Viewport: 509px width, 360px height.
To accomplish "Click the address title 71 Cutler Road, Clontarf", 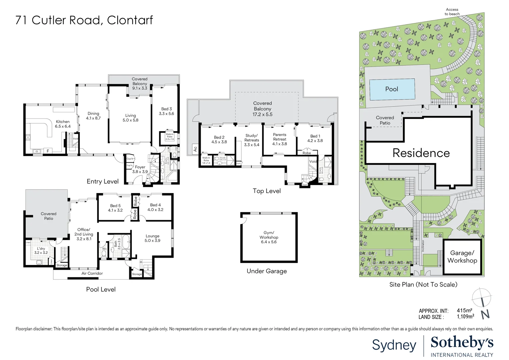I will pyautogui.click(x=84, y=20).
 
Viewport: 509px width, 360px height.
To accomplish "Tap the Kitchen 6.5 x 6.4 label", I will pyautogui.click(x=63, y=124).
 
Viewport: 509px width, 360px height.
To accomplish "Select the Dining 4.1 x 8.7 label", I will pyautogui.click(x=93, y=116).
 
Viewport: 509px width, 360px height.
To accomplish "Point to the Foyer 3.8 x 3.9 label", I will pyautogui.click(x=140, y=169).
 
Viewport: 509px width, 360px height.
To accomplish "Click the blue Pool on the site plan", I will pyautogui.click(x=392, y=89).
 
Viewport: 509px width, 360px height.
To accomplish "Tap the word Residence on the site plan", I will pyautogui.click(x=421, y=153).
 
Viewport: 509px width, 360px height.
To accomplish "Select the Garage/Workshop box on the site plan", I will pyautogui.click(x=462, y=257).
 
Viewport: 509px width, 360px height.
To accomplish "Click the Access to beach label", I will pyautogui.click(x=452, y=12).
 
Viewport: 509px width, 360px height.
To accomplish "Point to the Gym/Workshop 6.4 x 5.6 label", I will pyautogui.click(x=269, y=237).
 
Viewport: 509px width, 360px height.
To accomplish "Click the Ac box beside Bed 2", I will pyautogui.click(x=195, y=149).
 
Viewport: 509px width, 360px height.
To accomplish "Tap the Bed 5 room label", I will pyautogui.click(x=115, y=208).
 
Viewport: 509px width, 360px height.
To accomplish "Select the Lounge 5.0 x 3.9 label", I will pyautogui.click(x=152, y=238).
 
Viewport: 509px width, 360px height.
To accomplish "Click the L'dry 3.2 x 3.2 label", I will pyautogui.click(x=41, y=251).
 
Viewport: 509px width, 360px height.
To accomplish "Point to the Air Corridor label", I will pyautogui.click(x=92, y=273).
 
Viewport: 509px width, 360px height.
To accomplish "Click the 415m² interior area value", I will pyautogui.click(x=464, y=310).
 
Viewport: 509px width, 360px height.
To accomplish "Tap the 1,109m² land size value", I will pyautogui.click(x=465, y=317).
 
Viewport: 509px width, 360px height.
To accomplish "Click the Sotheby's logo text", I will pyautogui.click(x=462, y=343).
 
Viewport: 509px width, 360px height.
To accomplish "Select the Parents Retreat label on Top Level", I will pyautogui.click(x=279, y=139).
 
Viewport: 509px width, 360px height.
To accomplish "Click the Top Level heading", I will pyautogui.click(x=267, y=191).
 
